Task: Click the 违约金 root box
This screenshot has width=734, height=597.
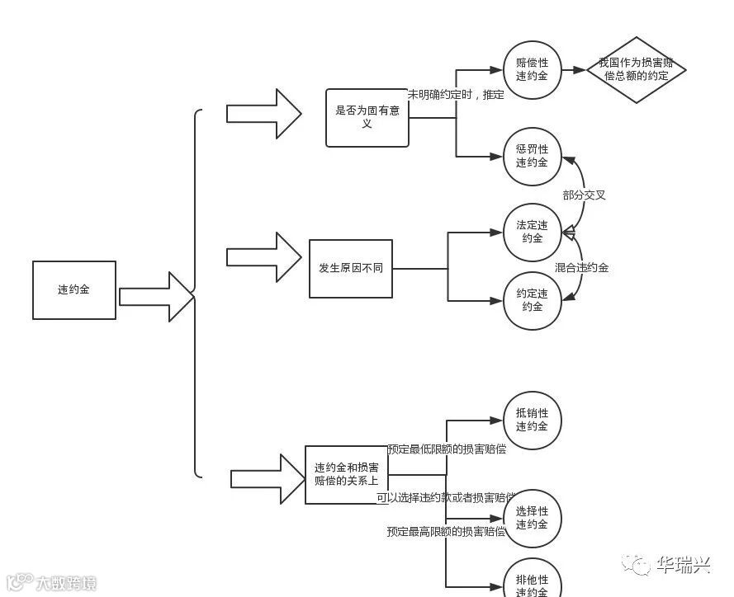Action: pos(74,290)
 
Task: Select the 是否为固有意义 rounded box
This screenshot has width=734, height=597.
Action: pos(367,118)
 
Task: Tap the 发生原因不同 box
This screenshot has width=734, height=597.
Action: pos(351,269)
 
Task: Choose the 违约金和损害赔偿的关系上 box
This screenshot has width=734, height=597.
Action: pos(347,475)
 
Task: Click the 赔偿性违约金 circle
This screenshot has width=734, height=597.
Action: pos(533,70)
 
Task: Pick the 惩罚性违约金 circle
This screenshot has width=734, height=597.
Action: pos(533,156)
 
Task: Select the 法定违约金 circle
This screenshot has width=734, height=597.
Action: pos(533,233)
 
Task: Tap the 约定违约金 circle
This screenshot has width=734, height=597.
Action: pos(533,300)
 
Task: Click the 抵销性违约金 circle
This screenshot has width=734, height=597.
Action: pos(533,420)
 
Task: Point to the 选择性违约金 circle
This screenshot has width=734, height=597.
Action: pos(533,518)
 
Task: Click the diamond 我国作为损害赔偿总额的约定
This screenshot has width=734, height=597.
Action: pos(636,70)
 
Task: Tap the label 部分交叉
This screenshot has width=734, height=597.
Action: pos(584,195)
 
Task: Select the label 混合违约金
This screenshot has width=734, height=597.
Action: pos(581,268)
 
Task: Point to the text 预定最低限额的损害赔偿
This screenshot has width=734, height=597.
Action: pos(447,449)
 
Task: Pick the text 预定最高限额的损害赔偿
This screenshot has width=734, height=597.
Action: pos(446,532)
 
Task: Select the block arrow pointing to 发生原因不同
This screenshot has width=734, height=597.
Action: pos(264,256)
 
